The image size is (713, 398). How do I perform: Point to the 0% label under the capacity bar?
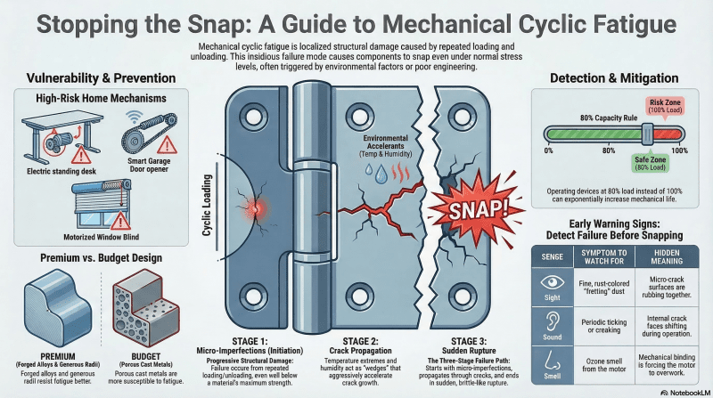549,150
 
